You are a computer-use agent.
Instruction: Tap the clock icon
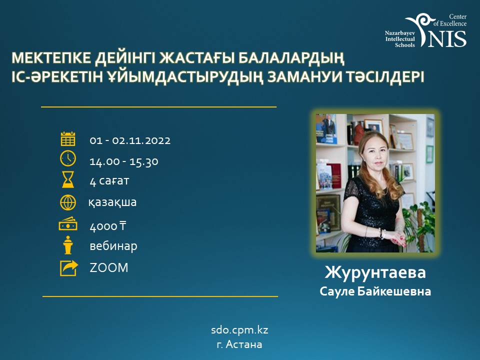tap(68, 158)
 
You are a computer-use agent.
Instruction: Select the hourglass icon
tap(68, 179)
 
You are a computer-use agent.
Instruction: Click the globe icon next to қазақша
tap(68, 202)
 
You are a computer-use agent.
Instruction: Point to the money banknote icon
tap(68, 224)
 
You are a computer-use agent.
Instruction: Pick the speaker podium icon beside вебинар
tap(68, 245)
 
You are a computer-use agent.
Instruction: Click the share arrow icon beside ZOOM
tap(69, 268)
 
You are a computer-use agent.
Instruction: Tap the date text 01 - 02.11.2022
tap(130, 140)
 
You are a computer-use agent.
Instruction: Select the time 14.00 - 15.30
tap(124, 161)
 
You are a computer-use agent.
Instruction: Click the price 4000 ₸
tap(108, 226)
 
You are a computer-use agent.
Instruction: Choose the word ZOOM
tap(109, 267)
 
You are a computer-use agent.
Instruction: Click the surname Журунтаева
tap(375, 272)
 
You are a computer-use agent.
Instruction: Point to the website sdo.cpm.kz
tap(239, 330)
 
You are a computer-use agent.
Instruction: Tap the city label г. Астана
tap(239, 344)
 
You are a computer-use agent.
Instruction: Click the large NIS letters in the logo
tap(447, 38)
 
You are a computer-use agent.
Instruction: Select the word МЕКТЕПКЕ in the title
tap(51, 58)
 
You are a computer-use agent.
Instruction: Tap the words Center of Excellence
tap(450, 20)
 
